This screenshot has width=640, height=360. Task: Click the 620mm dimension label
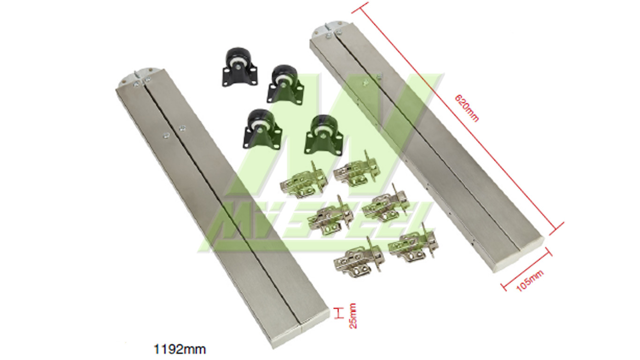(467, 108)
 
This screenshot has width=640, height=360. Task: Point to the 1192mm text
(180, 349)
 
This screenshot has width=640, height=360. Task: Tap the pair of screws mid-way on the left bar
(173, 131)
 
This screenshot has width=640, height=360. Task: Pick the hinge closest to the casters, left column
(299, 180)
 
